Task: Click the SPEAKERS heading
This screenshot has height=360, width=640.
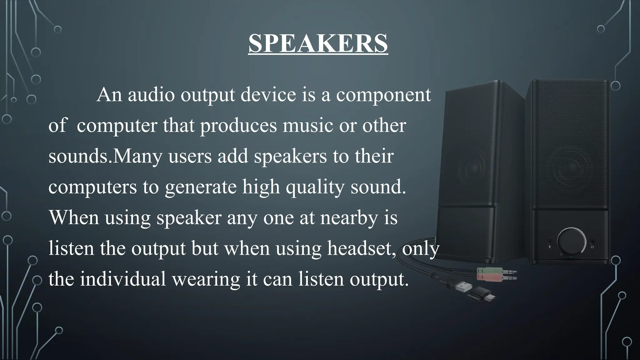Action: click(x=318, y=44)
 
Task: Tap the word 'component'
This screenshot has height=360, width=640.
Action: click(x=383, y=95)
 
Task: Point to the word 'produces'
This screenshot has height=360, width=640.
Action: click(x=238, y=126)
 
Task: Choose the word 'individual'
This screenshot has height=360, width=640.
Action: click(x=123, y=279)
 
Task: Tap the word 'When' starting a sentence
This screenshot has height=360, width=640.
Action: click(x=74, y=217)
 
